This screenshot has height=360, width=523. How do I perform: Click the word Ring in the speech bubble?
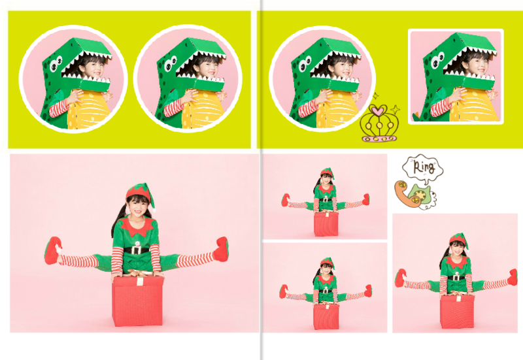pos(424,167)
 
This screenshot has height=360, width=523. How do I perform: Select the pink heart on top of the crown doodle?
pos(378,110)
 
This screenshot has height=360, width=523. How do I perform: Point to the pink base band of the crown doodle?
pos(380,138)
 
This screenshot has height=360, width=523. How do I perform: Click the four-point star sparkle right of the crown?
pos(396,109)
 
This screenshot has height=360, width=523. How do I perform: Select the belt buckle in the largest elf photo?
pos(137,250)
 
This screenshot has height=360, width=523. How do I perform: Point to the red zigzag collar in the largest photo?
pos(138,226)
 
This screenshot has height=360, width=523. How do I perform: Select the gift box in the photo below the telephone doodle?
pos(457,312)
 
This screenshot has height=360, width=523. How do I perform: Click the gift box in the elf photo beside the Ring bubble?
pos(326,224)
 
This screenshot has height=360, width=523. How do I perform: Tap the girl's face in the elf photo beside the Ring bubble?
pos(326,180)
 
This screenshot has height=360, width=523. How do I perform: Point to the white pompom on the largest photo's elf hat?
pos(154,210)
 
